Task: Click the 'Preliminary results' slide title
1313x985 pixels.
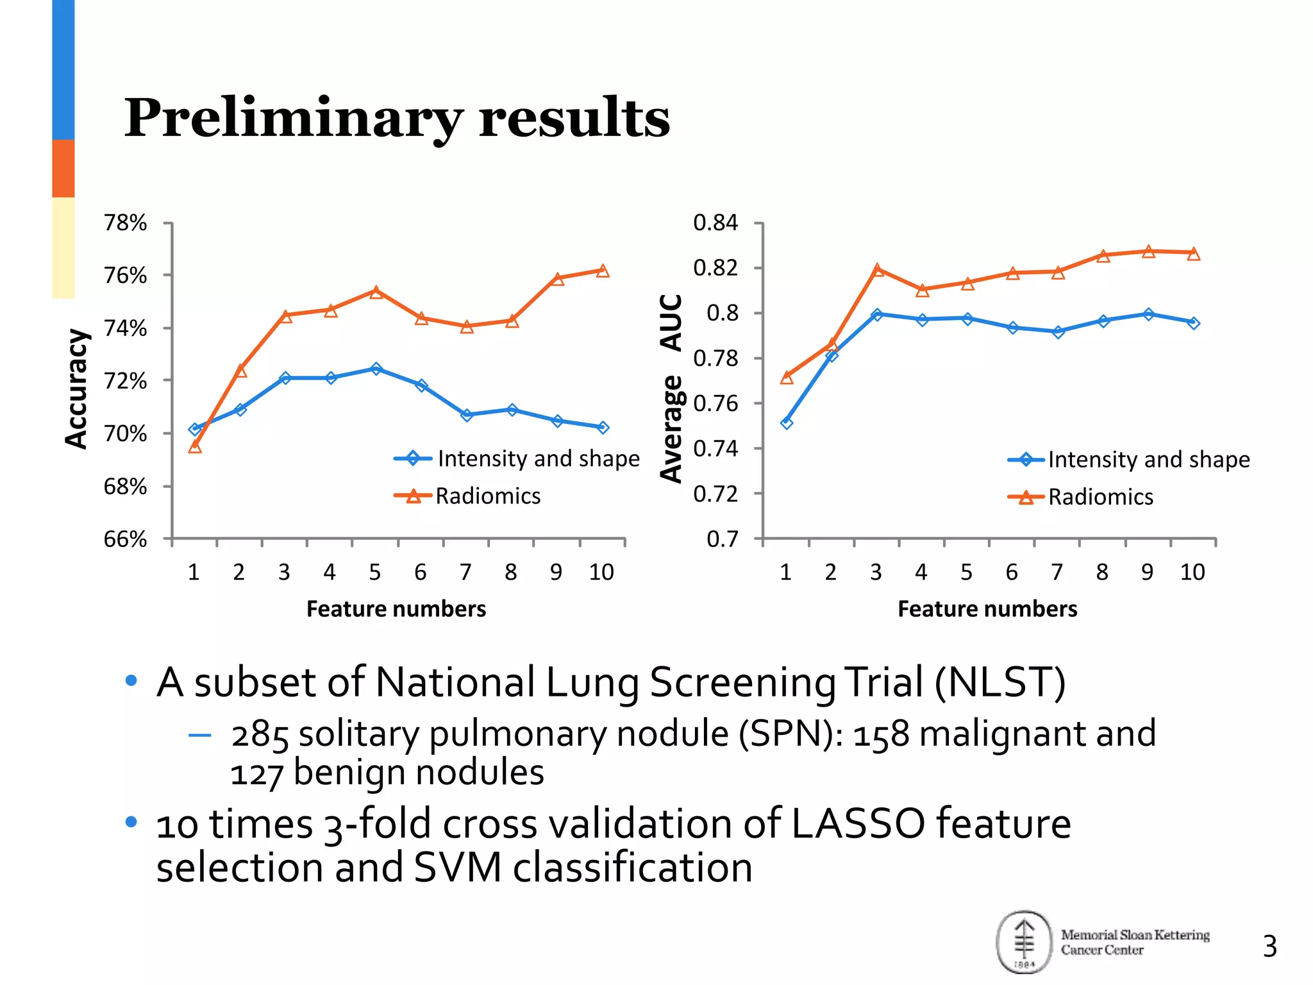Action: pyautogui.click(x=397, y=119)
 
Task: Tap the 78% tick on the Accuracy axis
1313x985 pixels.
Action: pyautogui.click(x=126, y=223)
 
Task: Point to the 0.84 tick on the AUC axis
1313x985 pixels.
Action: pyautogui.click(x=715, y=223)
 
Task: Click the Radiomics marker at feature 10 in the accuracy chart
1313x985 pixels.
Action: pyautogui.click(x=603, y=271)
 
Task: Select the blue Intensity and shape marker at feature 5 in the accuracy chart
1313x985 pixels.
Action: pyautogui.click(x=376, y=369)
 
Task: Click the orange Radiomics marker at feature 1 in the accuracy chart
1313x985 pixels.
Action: pyautogui.click(x=195, y=446)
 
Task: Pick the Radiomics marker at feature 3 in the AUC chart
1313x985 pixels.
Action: pyautogui.click(x=877, y=270)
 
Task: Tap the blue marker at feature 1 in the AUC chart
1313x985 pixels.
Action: pyautogui.click(x=787, y=423)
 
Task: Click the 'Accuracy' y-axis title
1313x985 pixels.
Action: pyautogui.click(x=76, y=389)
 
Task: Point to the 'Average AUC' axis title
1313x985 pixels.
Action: pyautogui.click(x=671, y=389)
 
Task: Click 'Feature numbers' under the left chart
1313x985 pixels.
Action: pyautogui.click(x=396, y=609)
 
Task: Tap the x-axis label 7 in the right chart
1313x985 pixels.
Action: pyautogui.click(x=1057, y=572)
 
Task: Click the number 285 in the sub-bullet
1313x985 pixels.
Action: pyautogui.click(x=260, y=735)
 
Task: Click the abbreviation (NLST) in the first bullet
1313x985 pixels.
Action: pyautogui.click(x=1000, y=682)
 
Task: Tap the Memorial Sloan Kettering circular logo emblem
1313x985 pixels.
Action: pyautogui.click(x=1024, y=941)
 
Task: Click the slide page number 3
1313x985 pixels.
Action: pyautogui.click(x=1269, y=947)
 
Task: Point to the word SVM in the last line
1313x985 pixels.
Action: pyautogui.click(x=457, y=868)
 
